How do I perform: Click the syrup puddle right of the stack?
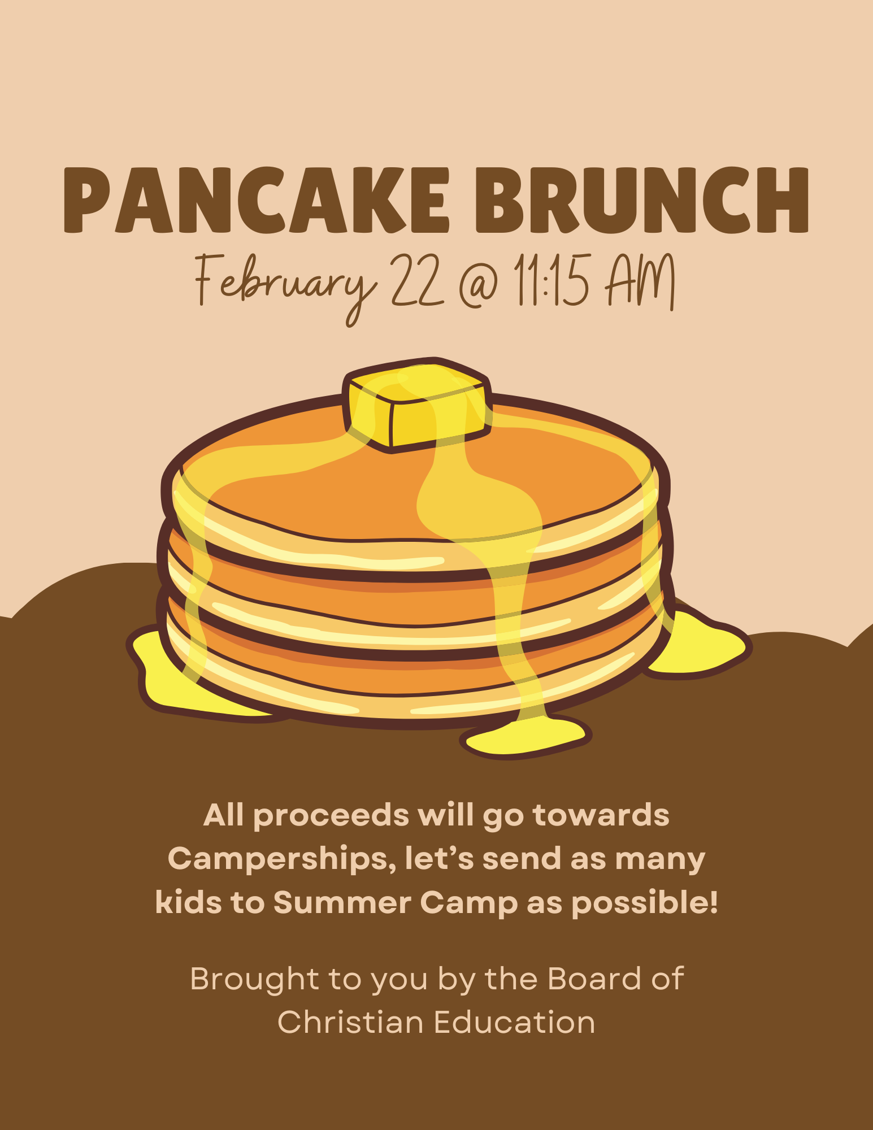pos(701,644)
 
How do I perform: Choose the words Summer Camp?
pos(396,902)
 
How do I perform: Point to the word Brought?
pos(255,979)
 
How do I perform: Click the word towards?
pos(601,815)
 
